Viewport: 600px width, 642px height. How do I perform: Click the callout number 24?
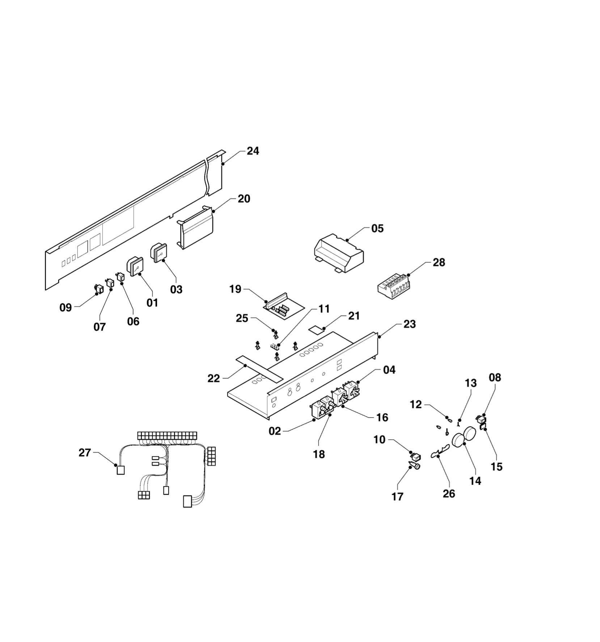(253, 151)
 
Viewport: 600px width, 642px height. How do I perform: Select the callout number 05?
(377, 228)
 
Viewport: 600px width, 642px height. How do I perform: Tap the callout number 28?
(439, 262)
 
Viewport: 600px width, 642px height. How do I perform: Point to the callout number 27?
(85, 453)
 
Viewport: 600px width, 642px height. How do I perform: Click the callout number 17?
(397, 496)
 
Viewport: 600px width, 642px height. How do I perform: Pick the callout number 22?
(214, 378)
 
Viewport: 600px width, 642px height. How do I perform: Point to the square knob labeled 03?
(159, 252)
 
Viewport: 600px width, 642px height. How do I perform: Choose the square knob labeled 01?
(135, 266)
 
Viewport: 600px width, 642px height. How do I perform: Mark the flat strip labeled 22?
(259, 369)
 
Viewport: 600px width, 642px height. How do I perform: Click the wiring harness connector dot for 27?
(116, 465)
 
